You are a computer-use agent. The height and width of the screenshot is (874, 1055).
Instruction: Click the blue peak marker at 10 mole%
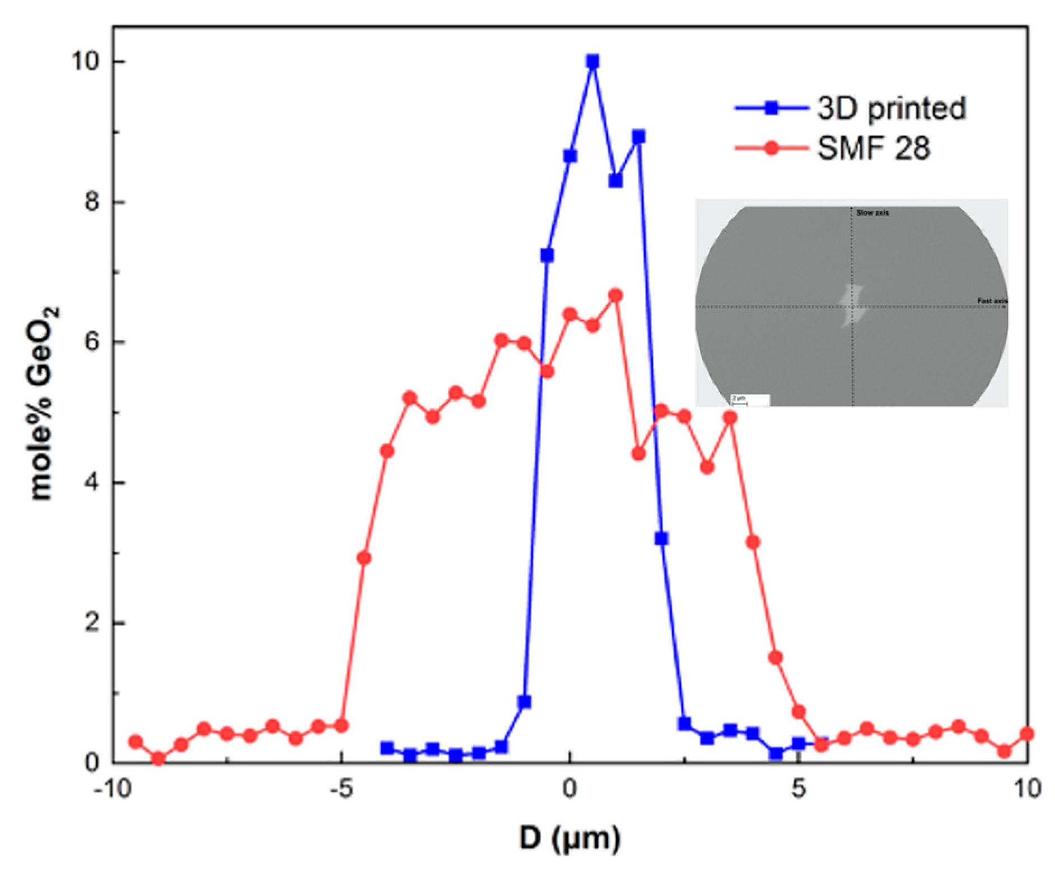[592, 61]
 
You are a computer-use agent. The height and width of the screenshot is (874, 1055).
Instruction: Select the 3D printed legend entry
[891, 108]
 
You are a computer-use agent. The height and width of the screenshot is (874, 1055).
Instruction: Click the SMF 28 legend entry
[873, 148]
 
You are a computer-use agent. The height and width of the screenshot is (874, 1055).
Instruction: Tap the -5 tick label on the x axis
[340, 788]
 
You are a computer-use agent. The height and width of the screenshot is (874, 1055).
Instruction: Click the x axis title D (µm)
[569, 839]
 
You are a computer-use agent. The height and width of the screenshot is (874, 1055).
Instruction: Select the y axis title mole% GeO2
[44, 403]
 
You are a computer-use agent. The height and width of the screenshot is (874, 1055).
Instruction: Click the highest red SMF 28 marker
[615, 295]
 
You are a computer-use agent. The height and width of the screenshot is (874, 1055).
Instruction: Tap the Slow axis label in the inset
[872, 213]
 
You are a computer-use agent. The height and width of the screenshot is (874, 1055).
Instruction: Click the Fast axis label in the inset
[992, 301]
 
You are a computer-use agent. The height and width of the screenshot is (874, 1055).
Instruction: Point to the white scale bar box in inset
[750, 399]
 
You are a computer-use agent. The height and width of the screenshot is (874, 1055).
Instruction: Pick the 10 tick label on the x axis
[1026, 788]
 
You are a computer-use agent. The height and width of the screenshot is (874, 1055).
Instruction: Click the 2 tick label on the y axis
[92, 623]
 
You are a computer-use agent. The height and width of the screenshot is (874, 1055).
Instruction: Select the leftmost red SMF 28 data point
[136, 742]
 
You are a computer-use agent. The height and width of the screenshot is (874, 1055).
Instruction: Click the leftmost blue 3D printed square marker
[387, 748]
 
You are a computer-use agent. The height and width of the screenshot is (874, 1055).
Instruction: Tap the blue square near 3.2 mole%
[661, 538]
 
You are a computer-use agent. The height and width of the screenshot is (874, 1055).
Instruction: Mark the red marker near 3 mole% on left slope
[364, 558]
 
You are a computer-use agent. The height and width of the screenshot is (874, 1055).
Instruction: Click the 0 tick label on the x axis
[569, 788]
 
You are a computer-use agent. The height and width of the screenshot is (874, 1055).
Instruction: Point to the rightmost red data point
[1026, 734]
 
